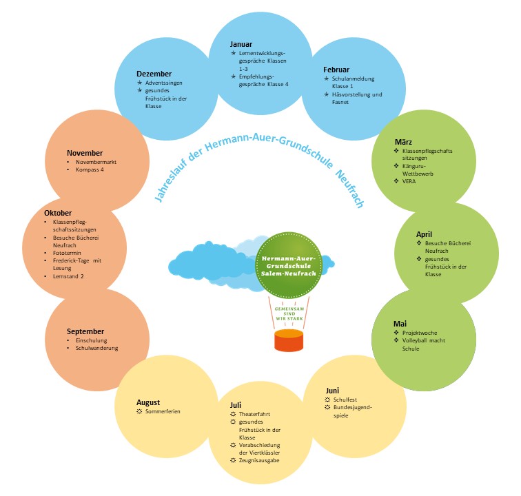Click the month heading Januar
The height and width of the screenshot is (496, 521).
[x=241, y=44]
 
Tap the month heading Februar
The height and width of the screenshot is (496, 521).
[x=336, y=70]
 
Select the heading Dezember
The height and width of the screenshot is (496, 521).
[x=154, y=74]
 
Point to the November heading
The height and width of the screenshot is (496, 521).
[x=85, y=153]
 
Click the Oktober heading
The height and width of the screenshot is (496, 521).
[x=58, y=214]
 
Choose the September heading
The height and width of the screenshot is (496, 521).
[x=85, y=331]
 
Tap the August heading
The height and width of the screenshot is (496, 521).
[x=147, y=402]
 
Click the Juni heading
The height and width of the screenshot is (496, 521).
[x=332, y=391]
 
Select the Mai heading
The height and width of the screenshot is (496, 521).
[x=400, y=323]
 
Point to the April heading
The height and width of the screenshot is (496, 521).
[x=424, y=234]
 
